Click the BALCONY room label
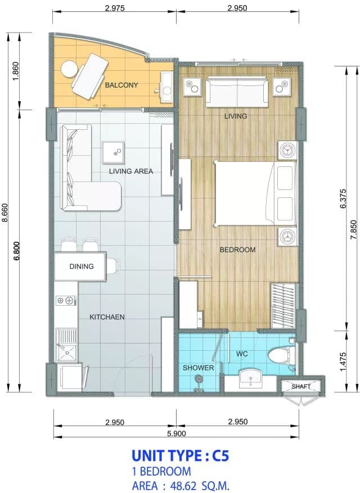[x=121, y=85]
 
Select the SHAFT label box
[x=301, y=386]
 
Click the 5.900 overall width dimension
[x=176, y=433]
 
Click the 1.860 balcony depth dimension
[x=16, y=71]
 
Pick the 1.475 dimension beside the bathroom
[x=343, y=361]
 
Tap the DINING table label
[x=82, y=266]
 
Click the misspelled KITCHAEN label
[x=107, y=317]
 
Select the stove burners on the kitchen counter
[x=66, y=301]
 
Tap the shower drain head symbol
[x=198, y=380]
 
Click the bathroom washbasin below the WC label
[x=251, y=378]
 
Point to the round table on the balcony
[x=69, y=69]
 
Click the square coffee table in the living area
[x=113, y=152]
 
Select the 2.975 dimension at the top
[x=115, y=8]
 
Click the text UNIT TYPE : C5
[x=180, y=455]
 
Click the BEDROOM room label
[x=237, y=250]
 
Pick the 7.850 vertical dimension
[x=354, y=229]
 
